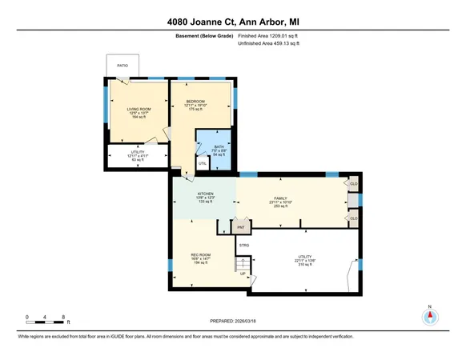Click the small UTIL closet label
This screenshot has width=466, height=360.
click(x=203, y=163)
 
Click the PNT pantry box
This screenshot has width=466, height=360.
click(x=239, y=227)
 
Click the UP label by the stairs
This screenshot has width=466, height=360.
click(x=243, y=274)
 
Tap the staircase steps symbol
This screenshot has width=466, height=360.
click(x=241, y=263)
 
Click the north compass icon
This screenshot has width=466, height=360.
click(x=430, y=317)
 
